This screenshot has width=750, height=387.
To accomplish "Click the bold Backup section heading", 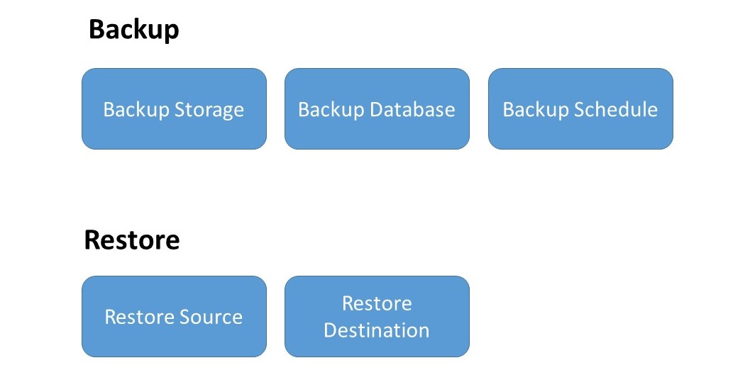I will tap(133, 30).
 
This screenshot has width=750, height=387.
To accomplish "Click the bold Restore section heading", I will tap(132, 240).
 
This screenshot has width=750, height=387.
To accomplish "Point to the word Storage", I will tap(209, 110).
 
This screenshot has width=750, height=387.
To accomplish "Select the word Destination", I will tap(377, 330).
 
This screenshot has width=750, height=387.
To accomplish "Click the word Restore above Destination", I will tap(377, 303).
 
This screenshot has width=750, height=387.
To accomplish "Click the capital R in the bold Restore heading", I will tap(92, 240).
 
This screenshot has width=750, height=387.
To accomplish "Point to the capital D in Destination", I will tap(330, 330).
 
